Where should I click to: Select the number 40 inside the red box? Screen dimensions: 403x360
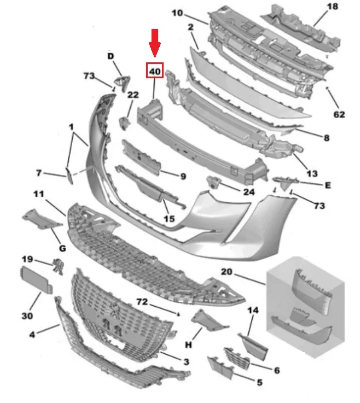point(155,71)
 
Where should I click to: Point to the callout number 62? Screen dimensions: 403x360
point(339,115)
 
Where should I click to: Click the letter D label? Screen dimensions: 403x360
point(111,56)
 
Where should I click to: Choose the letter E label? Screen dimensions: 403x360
point(327,185)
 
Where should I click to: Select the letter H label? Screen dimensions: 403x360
point(189,344)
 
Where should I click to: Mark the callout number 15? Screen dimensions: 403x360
point(169,219)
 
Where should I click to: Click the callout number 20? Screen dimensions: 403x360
point(228,272)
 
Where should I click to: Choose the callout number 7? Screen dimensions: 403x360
point(39,173)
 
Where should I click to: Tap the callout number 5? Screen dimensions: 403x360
point(259,382)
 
